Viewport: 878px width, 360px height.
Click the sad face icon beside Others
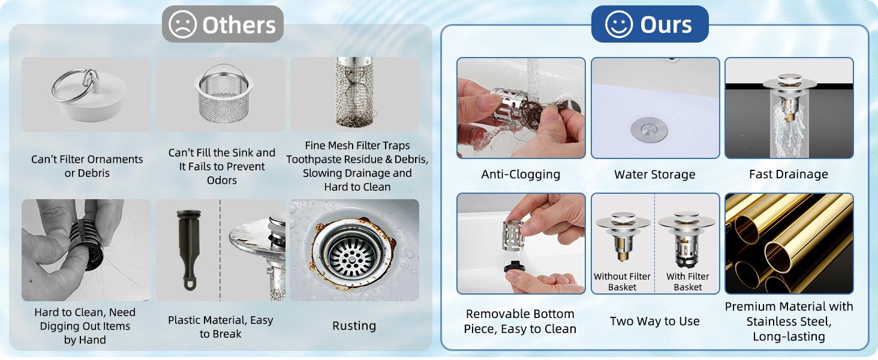[x=182, y=25]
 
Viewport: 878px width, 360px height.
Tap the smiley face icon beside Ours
[x=619, y=25]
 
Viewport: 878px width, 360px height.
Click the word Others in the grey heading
[x=239, y=25]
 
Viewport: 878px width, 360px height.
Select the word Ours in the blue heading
[x=666, y=25]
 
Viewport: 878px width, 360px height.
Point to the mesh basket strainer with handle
[x=224, y=94]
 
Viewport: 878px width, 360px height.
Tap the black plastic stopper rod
[x=190, y=250]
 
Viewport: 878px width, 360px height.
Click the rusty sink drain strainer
[x=352, y=253]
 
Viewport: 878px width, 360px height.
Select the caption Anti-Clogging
[x=521, y=175]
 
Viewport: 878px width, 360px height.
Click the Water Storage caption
[x=654, y=175]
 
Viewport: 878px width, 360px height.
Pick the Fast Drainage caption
[x=789, y=175]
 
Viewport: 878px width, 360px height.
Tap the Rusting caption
[x=354, y=326]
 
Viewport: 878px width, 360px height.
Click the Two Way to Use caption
[x=654, y=321]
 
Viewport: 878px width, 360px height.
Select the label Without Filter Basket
[x=622, y=281]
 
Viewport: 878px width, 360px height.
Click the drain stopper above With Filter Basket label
[x=687, y=239]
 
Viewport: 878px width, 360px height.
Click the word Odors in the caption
[x=222, y=181]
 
